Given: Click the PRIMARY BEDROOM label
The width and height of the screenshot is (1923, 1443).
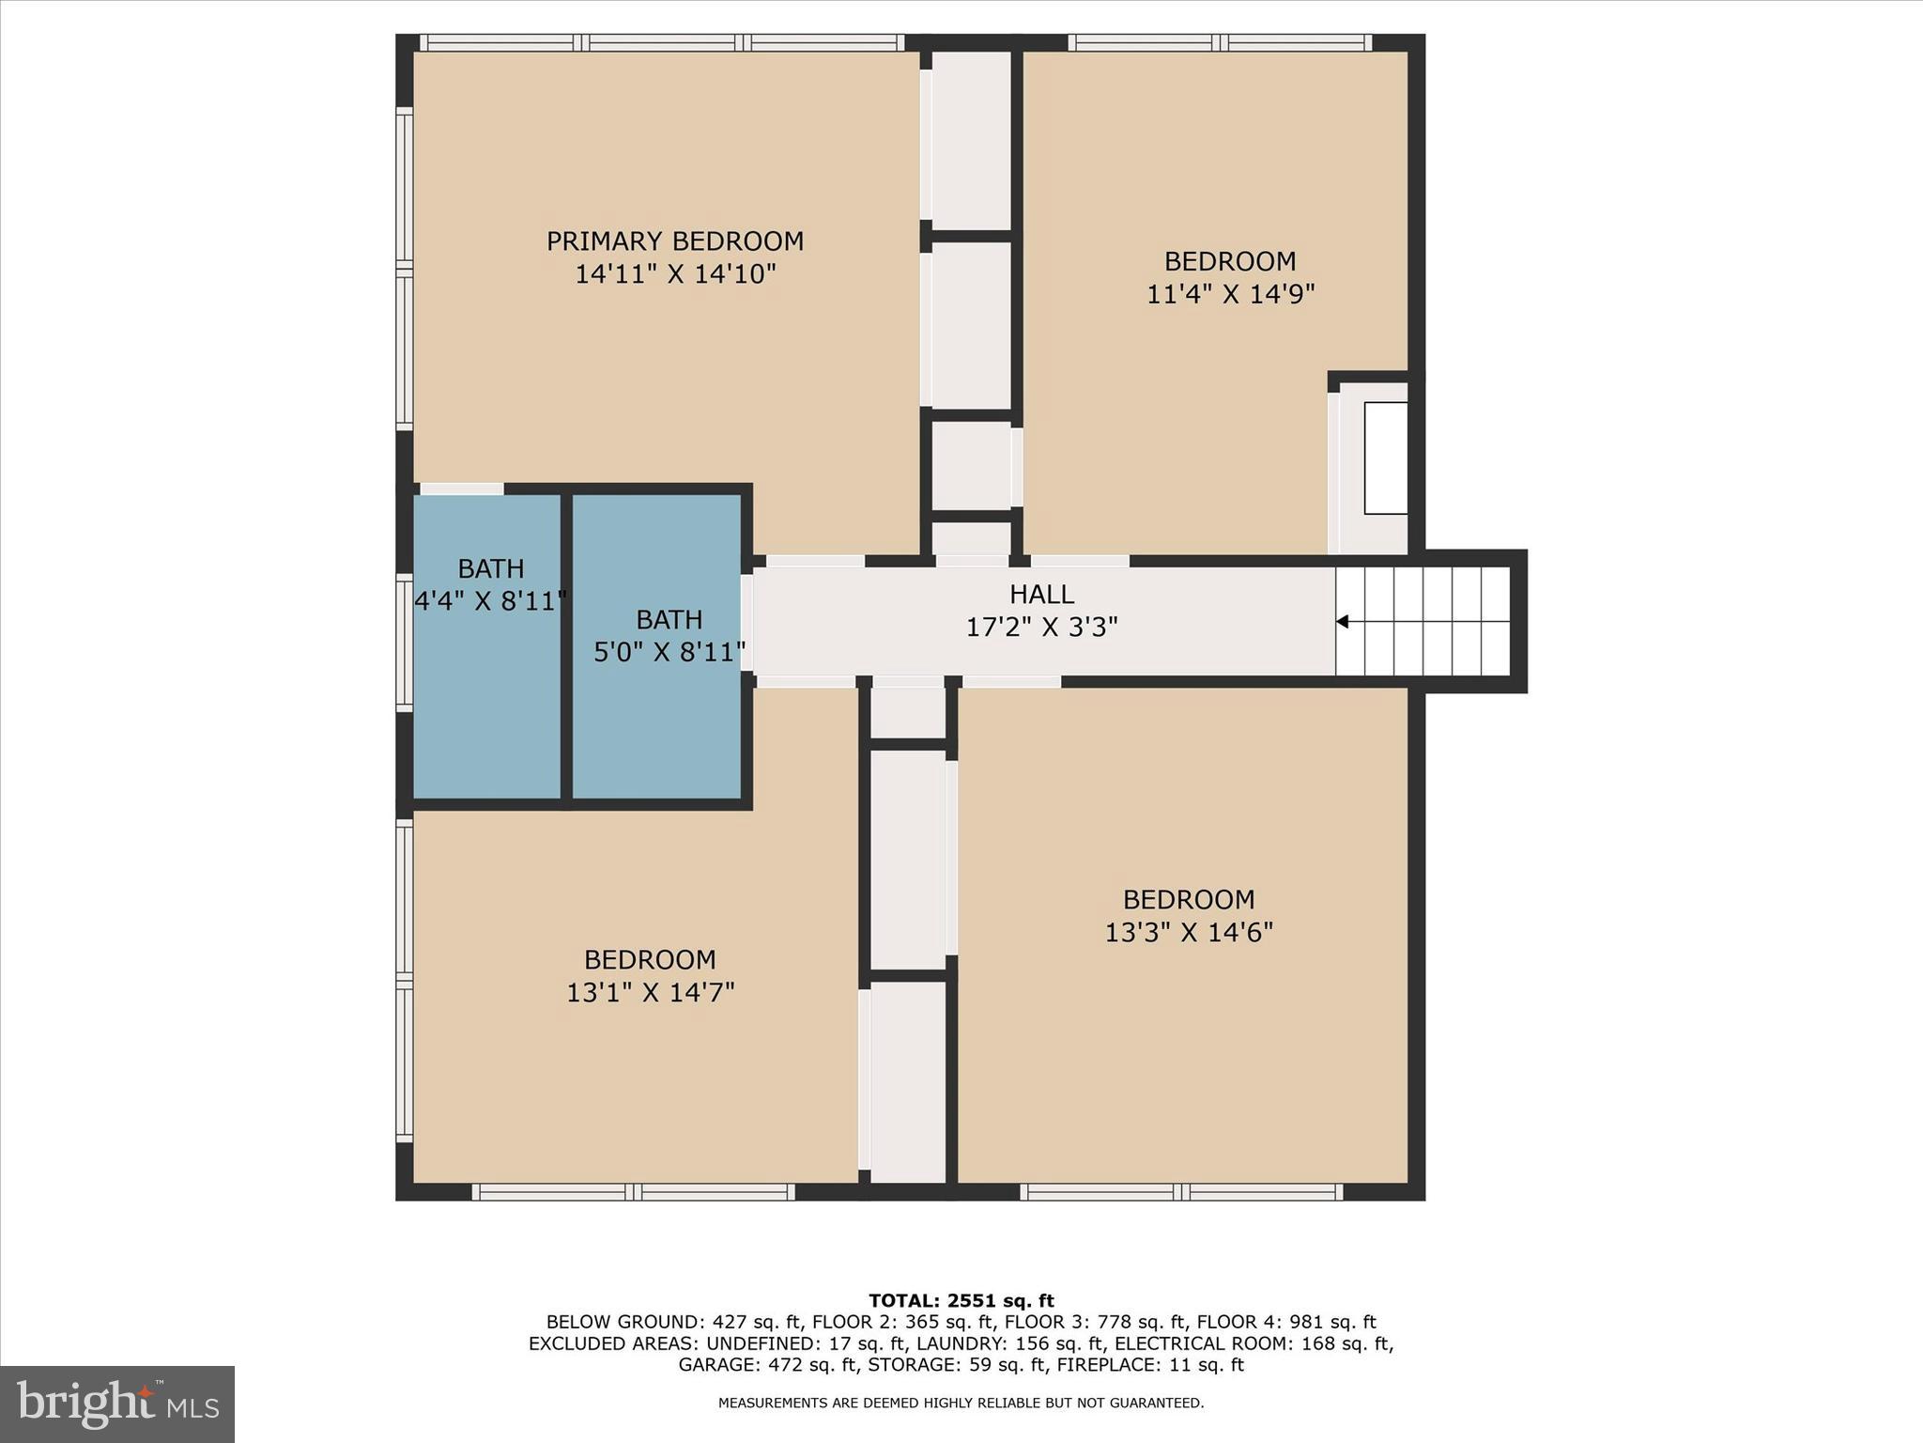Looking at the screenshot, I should [x=674, y=241].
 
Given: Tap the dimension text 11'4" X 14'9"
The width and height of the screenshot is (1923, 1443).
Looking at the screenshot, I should [x=1230, y=294].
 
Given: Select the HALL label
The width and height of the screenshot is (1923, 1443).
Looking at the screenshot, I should [x=1041, y=594].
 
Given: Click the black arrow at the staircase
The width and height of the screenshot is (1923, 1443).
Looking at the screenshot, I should [x=1343, y=621].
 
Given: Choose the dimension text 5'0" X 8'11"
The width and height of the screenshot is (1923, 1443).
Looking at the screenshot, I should [x=669, y=651].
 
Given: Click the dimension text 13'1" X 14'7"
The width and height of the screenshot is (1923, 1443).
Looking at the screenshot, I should [x=650, y=992].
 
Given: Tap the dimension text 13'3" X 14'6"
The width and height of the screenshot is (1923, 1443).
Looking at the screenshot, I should [x=1189, y=932].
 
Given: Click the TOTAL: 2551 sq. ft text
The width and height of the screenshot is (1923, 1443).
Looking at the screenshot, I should [x=961, y=1300].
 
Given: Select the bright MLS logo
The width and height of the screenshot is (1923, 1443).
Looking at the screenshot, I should [x=117, y=1404].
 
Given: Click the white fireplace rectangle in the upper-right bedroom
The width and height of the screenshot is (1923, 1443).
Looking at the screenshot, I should [x=1385, y=458].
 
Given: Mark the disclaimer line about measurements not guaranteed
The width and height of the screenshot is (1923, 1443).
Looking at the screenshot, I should [x=961, y=1403].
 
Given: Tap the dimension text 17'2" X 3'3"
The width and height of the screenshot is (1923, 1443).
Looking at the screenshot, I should [x=1041, y=627].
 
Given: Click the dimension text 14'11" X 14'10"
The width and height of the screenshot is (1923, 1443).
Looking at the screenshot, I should [x=674, y=274].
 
